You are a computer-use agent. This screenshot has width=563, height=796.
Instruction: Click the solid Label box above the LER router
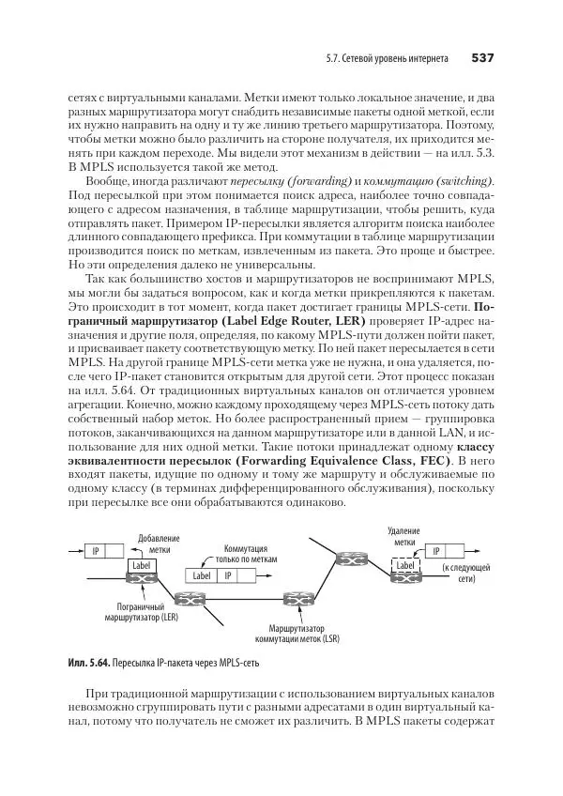click(x=141, y=566)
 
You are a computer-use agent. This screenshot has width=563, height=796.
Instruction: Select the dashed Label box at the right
click(x=405, y=566)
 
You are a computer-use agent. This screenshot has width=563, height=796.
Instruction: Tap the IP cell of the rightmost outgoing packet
click(x=436, y=551)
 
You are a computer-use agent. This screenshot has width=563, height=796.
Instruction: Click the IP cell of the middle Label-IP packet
click(x=228, y=575)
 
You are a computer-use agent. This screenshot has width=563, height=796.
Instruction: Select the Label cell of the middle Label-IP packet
click(x=201, y=575)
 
